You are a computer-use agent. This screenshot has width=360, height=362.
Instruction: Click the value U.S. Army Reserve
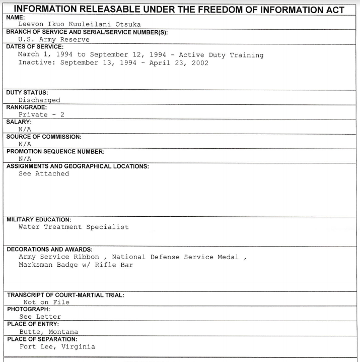[54, 39]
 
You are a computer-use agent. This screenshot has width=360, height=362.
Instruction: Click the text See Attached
[44, 173]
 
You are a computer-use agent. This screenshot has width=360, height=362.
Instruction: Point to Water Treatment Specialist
[74, 227]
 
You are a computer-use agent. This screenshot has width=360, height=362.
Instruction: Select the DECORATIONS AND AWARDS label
[49, 249]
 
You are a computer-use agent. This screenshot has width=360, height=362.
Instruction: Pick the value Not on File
[46, 302]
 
